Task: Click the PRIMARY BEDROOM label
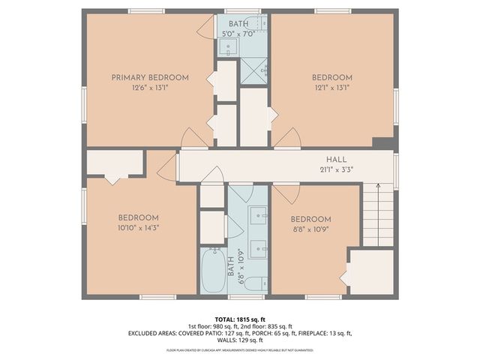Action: click(x=150, y=77)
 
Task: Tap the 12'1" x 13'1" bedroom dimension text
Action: click(x=331, y=87)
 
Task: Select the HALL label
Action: click(x=335, y=159)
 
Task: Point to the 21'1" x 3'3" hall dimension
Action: click(x=335, y=169)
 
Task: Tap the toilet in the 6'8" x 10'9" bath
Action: click(x=254, y=283)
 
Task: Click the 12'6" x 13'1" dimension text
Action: click(x=150, y=87)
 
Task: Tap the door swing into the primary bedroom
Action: click(x=193, y=137)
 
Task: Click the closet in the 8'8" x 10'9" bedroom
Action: click(x=371, y=272)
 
